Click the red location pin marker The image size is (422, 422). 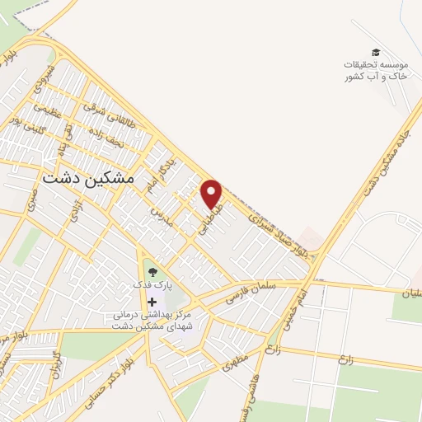point(213,194)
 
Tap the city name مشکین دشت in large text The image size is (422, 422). point(92,178)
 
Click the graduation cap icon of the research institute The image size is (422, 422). point(376,53)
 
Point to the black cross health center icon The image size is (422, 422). point(151,302)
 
